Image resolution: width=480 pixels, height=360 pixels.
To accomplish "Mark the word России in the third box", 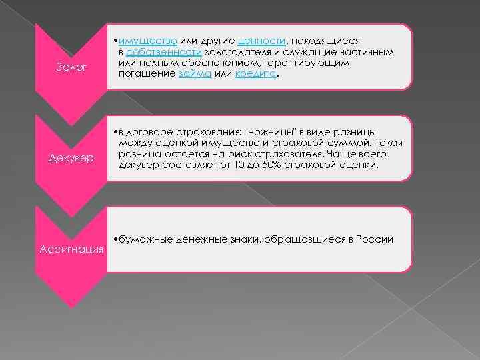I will point(373,239).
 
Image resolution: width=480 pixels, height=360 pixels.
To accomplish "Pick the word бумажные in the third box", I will point(143,239).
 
